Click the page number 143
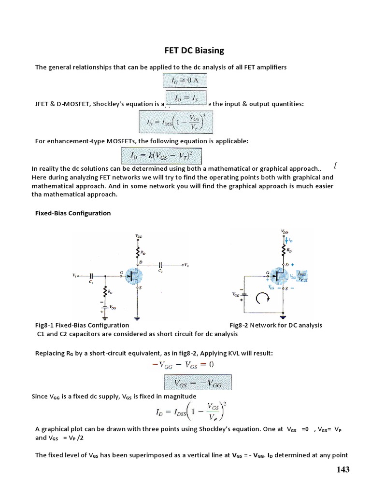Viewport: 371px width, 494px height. (x=340, y=470)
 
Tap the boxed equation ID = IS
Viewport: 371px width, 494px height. (x=186, y=97)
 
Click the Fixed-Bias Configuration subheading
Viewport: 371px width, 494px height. (x=73, y=213)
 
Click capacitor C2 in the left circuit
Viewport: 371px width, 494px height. (x=161, y=265)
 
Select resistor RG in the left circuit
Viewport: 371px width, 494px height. (x=104, y=291)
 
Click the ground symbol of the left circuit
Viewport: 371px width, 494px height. (x=138, y=319)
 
